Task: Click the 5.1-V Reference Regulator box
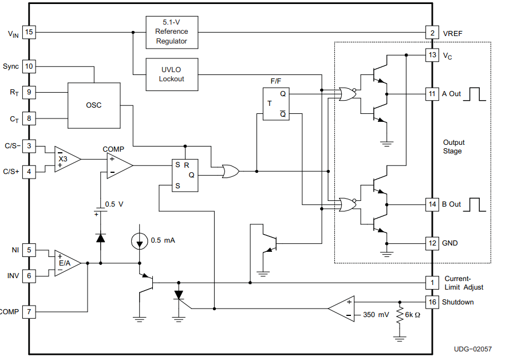[x=171, y=32]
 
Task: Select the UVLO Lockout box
[x=171, y=74]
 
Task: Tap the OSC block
[x=94, y=105]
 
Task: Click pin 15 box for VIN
[x=29, y=33]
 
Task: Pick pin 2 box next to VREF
[x=432, y=33]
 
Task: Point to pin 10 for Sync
[x=29, y=66]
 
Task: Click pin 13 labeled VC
[x=432, y=55]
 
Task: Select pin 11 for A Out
[x=432, y=93]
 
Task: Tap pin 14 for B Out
[x=432, y=204]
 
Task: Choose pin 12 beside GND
[x=432, y=243]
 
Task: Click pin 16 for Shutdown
[x=432, y=302]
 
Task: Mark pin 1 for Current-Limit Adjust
[x=432, y=282]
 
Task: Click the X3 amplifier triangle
[x=65, y=159]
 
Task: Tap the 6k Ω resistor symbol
[x=400, y=315]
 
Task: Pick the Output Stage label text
[x=453, y=147]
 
